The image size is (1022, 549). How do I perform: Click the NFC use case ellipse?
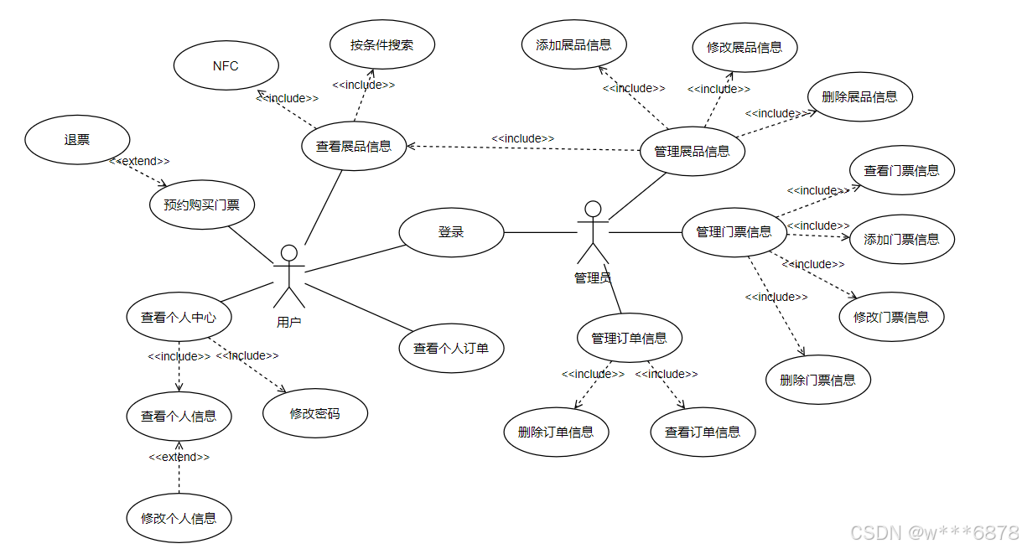pos(225,66)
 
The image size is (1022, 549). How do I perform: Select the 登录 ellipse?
pos(451,232)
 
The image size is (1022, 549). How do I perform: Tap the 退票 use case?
pos(77,140)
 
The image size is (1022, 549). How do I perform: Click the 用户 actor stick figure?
pos(289,277)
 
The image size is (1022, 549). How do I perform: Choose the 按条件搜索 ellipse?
pos(381,44)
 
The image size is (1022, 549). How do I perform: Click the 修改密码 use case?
pos(314,413)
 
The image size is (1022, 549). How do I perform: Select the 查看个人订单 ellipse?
pos(451,348)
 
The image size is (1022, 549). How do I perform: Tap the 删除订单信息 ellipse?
pos(556,432)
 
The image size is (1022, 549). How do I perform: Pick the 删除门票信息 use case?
pos(817,380)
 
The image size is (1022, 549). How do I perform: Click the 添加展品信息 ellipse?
pos(573,45)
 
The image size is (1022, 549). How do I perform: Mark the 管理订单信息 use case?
pos(629,339)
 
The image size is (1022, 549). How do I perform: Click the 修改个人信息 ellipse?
pos(179,518)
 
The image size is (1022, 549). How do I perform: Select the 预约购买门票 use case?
pos(201,204)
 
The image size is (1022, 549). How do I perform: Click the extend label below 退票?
pos(139,160)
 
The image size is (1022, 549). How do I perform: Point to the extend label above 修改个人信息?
pos(179,457)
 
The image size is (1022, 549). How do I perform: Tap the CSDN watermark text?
pos(934,532)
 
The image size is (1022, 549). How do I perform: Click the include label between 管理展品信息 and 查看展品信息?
pos(522,138)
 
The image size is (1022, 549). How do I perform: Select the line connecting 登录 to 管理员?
pos(541,232)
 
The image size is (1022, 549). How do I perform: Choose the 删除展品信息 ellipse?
pos(859,97)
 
